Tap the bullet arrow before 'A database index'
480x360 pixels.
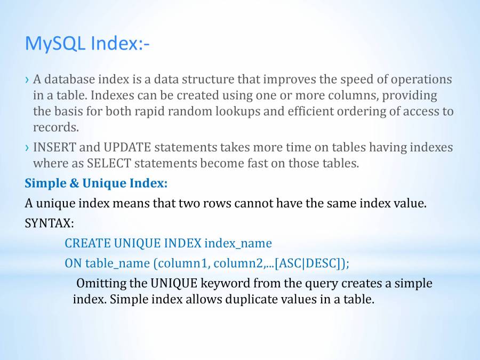[x=27, y=80]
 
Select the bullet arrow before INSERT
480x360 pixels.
[x=27, y=148]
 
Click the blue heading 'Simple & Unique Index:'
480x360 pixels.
[x=96, y=183]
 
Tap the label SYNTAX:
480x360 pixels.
[x=49, y=223]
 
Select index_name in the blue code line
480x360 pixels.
[x=238, y=244]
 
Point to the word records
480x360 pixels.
[x=55, y=127]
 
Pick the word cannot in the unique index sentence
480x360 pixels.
[x=253, y=203]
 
